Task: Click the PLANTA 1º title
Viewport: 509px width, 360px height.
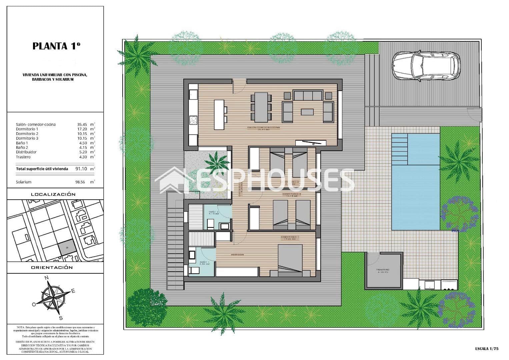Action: point(56,46)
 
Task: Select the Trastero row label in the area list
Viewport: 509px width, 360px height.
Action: point(23,157)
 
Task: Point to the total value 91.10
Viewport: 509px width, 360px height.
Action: point(81,169)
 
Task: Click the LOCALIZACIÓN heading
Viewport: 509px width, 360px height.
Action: point(53,194)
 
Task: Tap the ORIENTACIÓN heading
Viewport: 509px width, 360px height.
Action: point(52,267)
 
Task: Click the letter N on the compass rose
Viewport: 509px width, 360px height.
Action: point(47,278)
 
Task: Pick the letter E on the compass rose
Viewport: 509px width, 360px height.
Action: point(73,291)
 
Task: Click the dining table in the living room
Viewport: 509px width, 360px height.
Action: point(261,107)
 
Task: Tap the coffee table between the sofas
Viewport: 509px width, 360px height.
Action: point(307,112)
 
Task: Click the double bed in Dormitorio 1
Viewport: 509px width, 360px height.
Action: point(290,260)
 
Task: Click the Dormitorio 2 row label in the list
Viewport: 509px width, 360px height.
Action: point(27,134)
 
